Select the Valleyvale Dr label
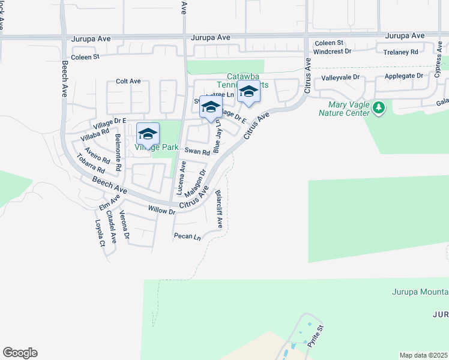(340, 77)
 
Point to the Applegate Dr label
(403, 76)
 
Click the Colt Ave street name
(128, 81)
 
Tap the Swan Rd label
(197, 152)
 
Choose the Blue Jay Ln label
(217, 139)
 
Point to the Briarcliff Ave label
(219, 209)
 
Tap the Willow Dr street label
(162, 211)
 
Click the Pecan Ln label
(187, 236)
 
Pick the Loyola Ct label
(100, 233)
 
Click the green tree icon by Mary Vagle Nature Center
(378, 107)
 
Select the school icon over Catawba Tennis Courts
(249, 92)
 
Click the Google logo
(20, 353)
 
